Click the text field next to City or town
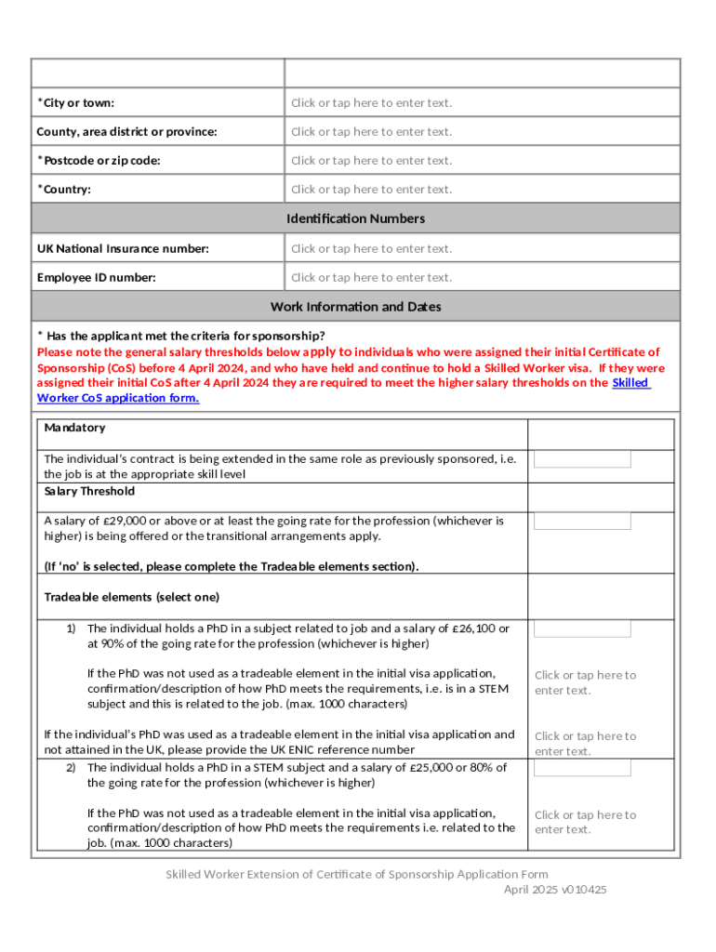[x=371, y=103]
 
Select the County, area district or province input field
[x=371, y=132]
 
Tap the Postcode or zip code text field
[x=371, y=161]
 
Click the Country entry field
[x=371, y=190]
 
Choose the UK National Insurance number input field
[x=371, y=249]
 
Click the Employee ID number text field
[x=371, y=278]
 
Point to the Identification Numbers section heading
[x=356, y=218]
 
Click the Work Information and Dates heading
[x=356, y=307]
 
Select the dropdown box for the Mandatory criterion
[x=582, y=459]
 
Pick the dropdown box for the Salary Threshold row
[x=582, y=521]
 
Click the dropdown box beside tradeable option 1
[x=582, y=628]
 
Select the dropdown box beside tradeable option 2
[x=582, y=767]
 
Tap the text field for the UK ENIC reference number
[x=585, y=743]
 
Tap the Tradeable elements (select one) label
[x=131, y=597]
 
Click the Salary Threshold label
[x=89, y=491]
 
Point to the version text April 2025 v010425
[x=555, y=890]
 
